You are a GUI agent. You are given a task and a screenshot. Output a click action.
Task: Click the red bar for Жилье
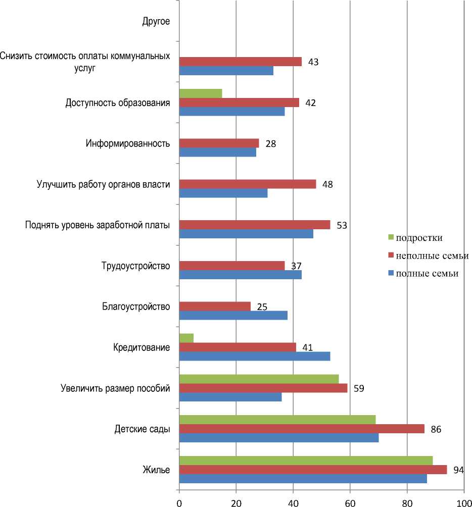(313, 470)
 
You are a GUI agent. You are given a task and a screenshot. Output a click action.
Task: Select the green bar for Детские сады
(277, 419)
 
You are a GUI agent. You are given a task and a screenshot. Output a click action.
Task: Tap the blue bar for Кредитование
(255, 357)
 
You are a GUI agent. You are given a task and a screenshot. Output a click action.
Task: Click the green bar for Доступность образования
(201, 93)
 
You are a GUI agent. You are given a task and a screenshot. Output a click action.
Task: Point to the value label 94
(458, 471)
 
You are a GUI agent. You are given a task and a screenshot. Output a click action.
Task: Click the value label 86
(436, 430)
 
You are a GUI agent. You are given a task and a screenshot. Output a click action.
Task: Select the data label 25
(262, 307)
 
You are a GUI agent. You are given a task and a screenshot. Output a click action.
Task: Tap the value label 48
(327, 184)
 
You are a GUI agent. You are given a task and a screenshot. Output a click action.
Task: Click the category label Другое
(156, 21)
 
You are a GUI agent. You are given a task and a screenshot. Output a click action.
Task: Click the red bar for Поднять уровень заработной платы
(255, 225)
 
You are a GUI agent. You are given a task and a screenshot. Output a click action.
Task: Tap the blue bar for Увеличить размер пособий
(230, 397)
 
